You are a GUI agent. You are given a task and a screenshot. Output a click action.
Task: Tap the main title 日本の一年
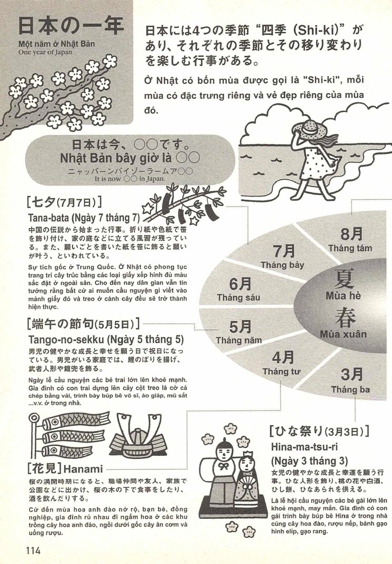[x=71, y=26]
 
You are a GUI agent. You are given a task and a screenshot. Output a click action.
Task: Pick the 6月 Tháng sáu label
[x=238, y=289]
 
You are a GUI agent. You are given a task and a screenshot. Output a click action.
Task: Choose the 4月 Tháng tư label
[x=281, y=363]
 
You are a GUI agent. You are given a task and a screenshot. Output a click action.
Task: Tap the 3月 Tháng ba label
[x=350, y=381]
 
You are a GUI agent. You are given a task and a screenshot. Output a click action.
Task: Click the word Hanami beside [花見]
[x=84, y=467]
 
